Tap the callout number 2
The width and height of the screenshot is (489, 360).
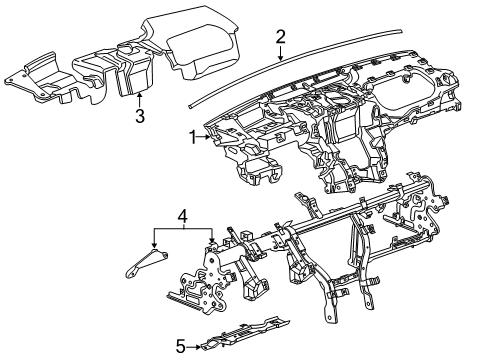pyautogui.click(x=281, y=37)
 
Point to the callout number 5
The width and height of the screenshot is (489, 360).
pyautogui.click(x=179, y=347)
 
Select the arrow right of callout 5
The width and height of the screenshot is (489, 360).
pyautogui.click(x=195, y=347)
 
